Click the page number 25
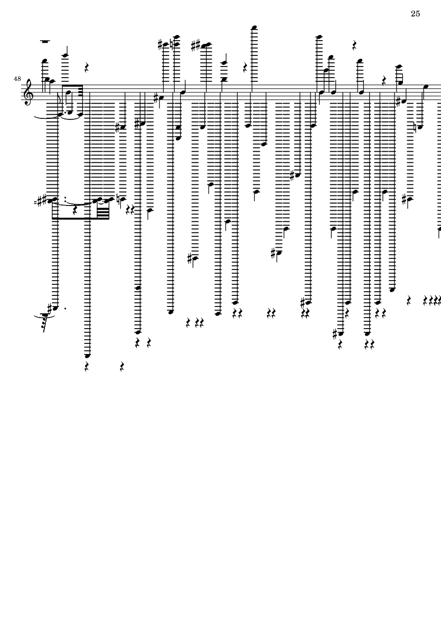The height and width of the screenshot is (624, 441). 415,14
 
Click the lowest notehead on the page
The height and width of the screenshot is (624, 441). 88,356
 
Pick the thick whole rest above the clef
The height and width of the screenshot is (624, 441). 45,40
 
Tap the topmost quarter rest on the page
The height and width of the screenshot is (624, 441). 354,45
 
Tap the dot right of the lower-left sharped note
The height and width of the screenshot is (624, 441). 65,308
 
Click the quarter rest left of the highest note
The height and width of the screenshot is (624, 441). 245,67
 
